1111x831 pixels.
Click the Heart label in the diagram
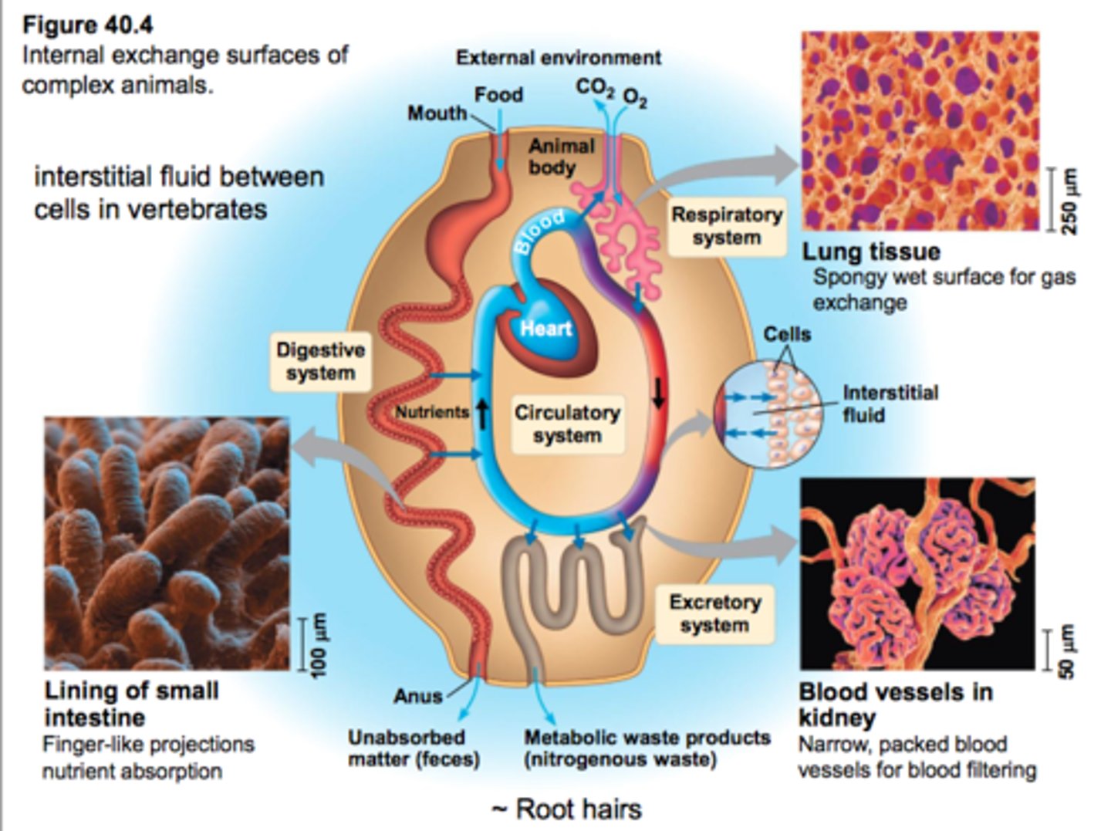pyautogui.click(x=545, y=329)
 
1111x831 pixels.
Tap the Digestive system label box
pyautogui.click(x=320, y=361)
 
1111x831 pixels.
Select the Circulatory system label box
pyautogui.click(x=567, y=424)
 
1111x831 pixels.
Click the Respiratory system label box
pyautogui.click(x=726, y=225)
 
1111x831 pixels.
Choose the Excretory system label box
pyautogui.click(x=714, y=613)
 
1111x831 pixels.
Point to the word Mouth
pyautogui.click(x=437, y=113)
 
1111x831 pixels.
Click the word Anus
pyautogui.click(x=417, y=696)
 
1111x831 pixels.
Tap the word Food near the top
pyautogui.click(x=498, y=95)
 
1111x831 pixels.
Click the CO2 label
pyautogui.click(x=595, y=88)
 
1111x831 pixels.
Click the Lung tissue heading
pyautogui.click(x=871, y=252)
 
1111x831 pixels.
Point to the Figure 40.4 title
pyautogui.click(x=87, y=25)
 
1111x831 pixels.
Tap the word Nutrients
pyautogui.click(x=432, y=412)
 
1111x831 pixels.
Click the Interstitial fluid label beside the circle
pyautogui.click(x=890, y=404)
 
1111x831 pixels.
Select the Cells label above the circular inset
pyautogui.click(x=787, y=334)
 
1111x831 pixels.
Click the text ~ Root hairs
pyautogui.click(x=566, y=809)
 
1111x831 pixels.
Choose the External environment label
pyautogui.click(x=558, y=58)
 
